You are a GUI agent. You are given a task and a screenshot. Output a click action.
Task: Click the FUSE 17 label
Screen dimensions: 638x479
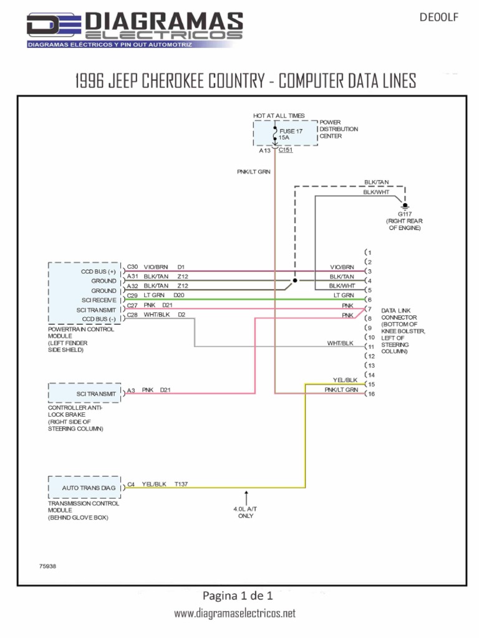tap(291, 131)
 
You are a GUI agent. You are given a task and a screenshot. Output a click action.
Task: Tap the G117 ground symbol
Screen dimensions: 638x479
tap(405, 206)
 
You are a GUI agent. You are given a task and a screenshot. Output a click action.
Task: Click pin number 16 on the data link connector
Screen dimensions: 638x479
tap(371, 394)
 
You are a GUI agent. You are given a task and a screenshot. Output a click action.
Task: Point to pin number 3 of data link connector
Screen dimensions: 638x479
tap(370, 271)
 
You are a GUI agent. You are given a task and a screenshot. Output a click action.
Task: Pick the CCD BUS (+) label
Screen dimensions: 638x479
tap(99, 272)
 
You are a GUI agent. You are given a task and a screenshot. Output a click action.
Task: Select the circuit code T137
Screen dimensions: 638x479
tap(182, 483)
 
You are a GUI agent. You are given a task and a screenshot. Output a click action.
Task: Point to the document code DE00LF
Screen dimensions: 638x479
tap(440, 18)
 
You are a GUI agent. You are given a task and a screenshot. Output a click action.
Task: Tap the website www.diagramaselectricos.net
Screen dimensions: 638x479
tap(234, 614)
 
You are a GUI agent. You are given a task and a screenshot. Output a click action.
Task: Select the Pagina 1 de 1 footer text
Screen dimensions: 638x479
tap(238, 594)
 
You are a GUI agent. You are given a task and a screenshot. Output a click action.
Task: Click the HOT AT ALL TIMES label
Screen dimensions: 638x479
tap(279, 116)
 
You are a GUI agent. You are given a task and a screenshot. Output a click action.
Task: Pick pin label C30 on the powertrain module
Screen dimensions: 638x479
tap(132, 267)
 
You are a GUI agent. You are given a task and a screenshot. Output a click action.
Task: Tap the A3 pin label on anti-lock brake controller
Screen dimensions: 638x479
tap(131, 391)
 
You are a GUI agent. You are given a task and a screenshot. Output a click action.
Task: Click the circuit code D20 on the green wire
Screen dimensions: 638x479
tap(179, 295)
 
